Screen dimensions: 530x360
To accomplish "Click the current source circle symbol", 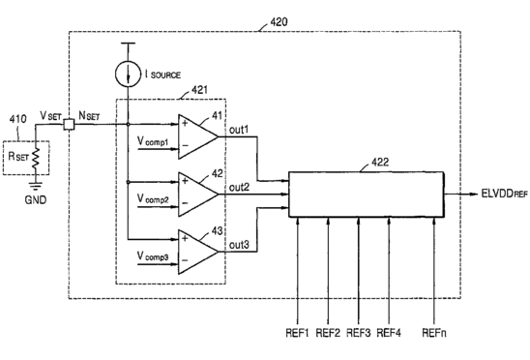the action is click(x=128, y=74).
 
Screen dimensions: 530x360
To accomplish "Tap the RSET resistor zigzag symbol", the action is click(x=36, y=158).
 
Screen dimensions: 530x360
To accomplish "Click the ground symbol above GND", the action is click(x=36, y=186).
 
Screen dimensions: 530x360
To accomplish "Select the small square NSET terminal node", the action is click(x=69, y=125).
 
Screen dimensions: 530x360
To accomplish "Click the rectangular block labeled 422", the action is click(x=366, y=195).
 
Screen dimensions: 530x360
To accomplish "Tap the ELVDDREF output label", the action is click(x=504, y=195).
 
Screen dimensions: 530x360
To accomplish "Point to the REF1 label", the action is click(x=298, y=333).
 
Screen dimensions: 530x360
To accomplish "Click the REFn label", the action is click(x=434, y=333).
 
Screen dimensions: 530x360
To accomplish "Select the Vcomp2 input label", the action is click(x=153, y=198).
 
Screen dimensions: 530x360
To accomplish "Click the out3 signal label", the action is click(x=239, y=244).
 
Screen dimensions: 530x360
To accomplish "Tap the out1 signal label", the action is click(x=239, y=130).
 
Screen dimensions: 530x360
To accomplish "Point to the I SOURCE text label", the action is click(x=162, y=75).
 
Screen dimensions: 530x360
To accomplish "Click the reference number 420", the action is click(x=279, y=22).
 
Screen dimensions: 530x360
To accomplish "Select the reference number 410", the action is click(x=18, y=119).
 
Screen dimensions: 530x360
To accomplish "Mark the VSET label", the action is click(x=50, y=116).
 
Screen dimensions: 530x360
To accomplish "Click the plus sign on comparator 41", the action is click(x=185, y=123).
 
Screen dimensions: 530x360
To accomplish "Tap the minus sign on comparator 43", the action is click(x=185, y=260).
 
